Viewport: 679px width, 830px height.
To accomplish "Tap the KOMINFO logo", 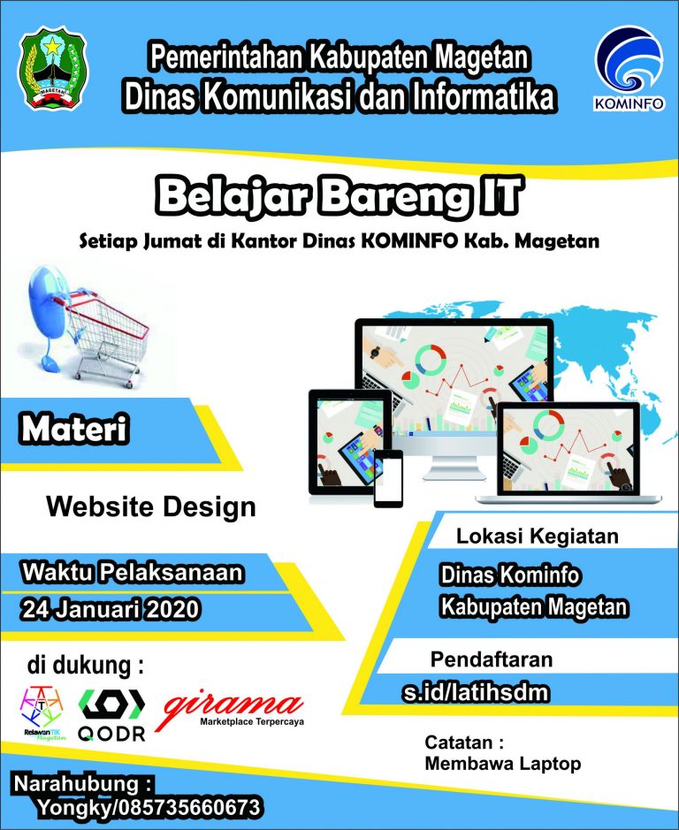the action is [x=629, y=68].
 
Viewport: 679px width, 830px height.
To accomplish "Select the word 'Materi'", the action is [x=73, y=428].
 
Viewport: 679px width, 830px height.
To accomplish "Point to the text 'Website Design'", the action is [x=151, y=506].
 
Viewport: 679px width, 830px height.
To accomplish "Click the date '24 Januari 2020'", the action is [x=111, y=609].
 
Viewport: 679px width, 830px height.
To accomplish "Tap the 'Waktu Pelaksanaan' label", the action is [x=133, y=573].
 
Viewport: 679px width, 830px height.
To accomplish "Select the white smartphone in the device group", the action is [x=388, y=478].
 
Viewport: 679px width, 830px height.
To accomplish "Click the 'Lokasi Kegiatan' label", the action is [x=537, y=536].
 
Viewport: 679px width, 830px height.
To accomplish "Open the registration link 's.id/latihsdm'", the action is [x=475, y=692].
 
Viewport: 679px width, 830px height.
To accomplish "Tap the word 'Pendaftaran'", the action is [x=492, y=659].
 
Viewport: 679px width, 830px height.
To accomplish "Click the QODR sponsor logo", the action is [x=111, y=714].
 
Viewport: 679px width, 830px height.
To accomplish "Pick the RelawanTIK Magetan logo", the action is [x=42, y=712].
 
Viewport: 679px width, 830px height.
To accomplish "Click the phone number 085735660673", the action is [x=189, y=808].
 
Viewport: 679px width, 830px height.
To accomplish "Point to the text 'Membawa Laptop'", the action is [x=503, y=764].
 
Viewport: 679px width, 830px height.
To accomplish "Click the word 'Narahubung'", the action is [x=77, y=783].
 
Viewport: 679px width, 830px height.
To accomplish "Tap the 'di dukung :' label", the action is [x=85, y=666].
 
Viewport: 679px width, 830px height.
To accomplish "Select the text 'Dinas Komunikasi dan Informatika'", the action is [x=339, y=97].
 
